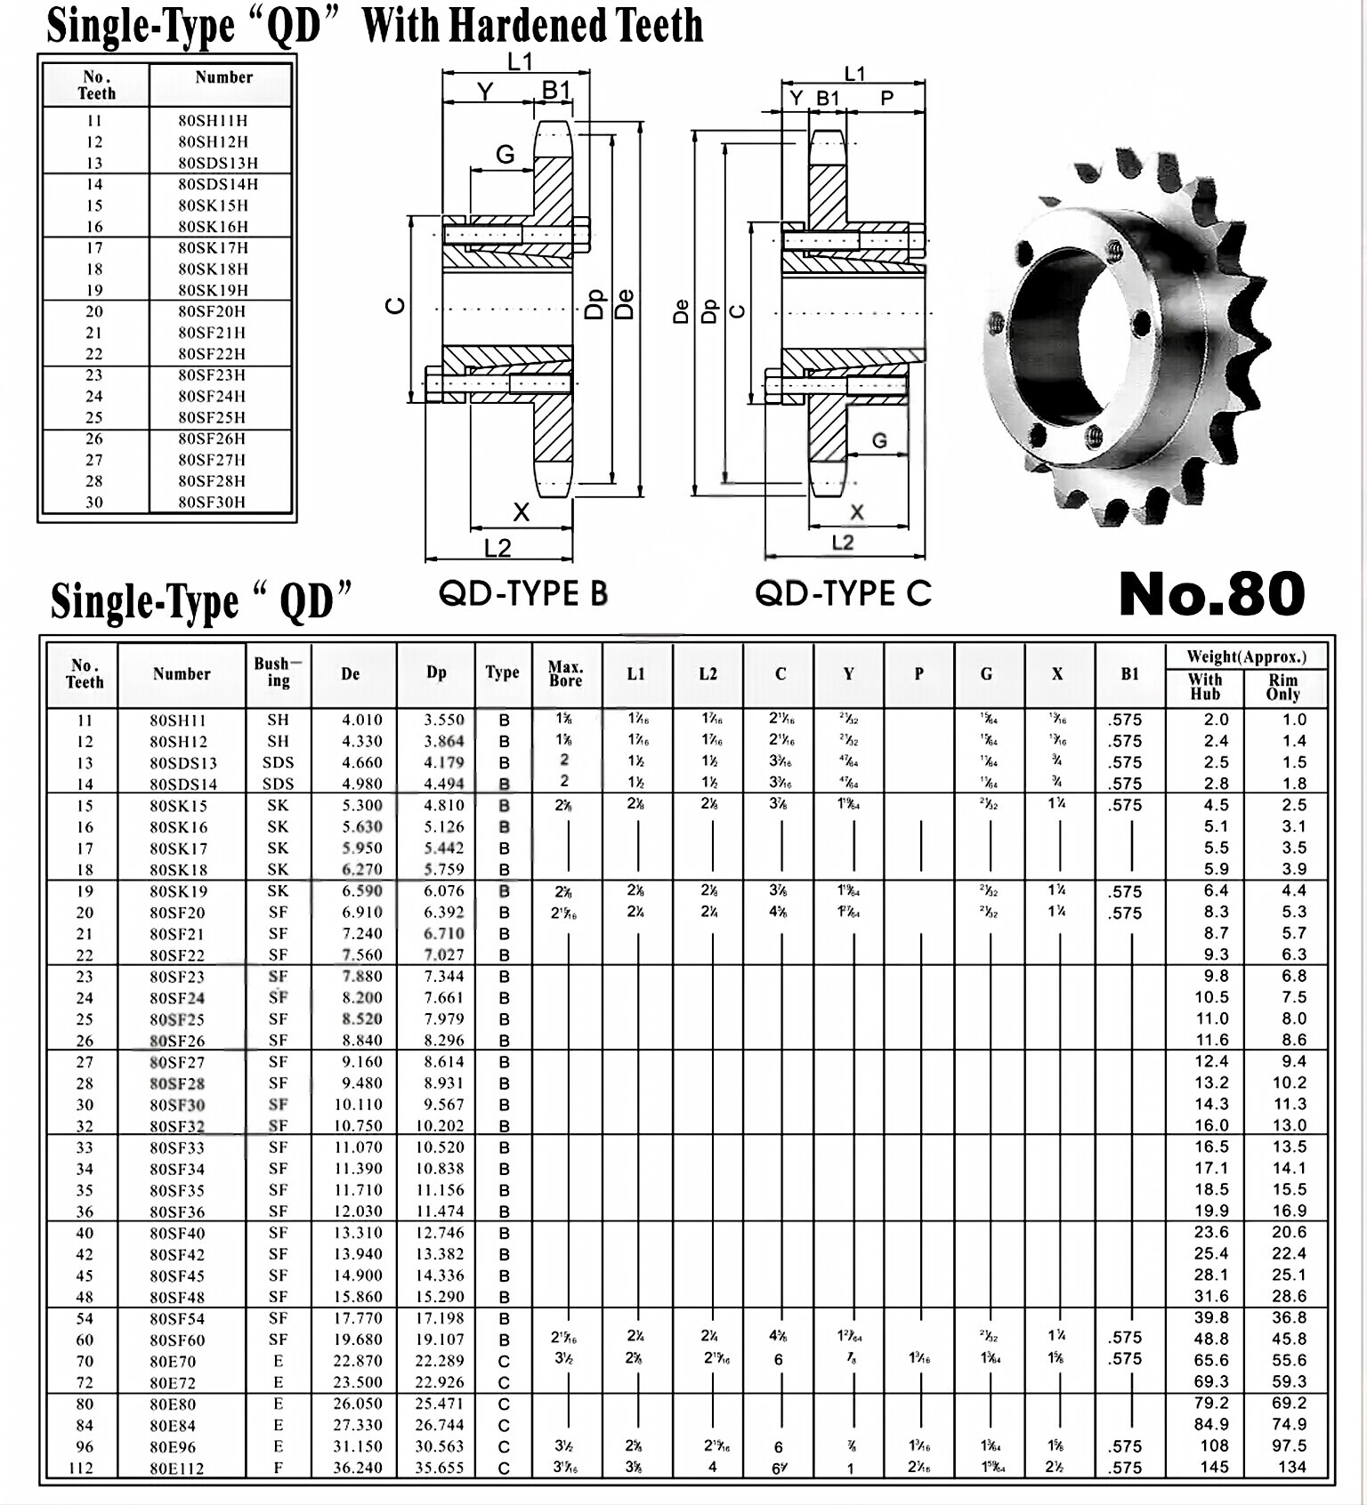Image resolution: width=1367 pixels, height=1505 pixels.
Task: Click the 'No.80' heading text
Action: click(x=1212, y=594)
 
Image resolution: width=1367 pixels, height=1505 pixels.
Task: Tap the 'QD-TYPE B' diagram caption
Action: click(x=522, y=592)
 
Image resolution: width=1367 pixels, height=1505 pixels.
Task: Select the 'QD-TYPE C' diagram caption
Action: click(x=843, y=592)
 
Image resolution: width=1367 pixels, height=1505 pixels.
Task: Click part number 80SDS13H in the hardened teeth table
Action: click(x=218, y=163)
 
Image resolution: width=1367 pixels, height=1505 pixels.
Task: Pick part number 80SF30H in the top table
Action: click(x=212, y=502)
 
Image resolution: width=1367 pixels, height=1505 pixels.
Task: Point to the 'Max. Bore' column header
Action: click(x=565, y=673)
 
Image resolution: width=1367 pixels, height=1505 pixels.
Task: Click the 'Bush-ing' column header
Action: click(x=278, y=672)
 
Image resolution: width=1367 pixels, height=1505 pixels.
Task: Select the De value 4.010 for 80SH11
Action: click(x=361, y=720)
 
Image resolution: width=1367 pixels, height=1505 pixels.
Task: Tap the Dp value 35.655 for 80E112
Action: click(x=439, y=1468)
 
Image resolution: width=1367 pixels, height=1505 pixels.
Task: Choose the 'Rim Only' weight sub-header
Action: click(x=1283, y=687)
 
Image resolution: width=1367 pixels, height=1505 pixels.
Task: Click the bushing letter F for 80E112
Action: click(x=278, y=1468)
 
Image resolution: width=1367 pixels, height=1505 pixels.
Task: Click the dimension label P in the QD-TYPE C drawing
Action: click(x=886, y=98)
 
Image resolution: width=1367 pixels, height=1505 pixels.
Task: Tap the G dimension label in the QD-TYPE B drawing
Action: click(x=505, y=155)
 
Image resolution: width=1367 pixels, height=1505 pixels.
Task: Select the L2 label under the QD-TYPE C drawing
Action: click(x=842, y=543)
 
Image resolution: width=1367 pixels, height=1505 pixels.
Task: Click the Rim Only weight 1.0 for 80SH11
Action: click(x=1294, y=720)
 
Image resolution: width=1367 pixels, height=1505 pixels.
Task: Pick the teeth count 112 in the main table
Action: click(x=81, y=1468)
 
